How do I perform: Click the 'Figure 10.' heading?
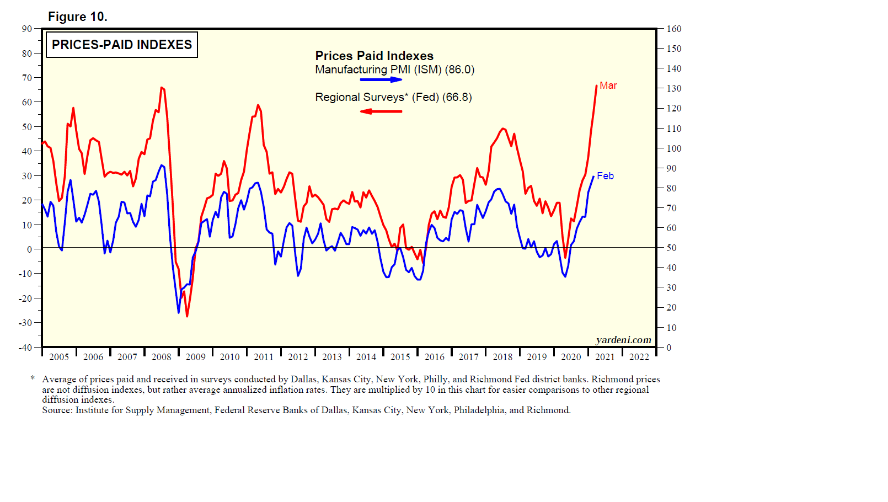(x=77, y=17)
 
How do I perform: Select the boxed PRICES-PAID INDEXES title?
(x=122, y=45)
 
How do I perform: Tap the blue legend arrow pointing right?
(x=381, y=80)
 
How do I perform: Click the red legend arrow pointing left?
(x=381, y=111)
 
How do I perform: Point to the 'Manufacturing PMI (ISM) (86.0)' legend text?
(x=394, y=70)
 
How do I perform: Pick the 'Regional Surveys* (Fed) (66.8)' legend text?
(x=393, y=97)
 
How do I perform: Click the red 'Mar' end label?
(x=608, y=86)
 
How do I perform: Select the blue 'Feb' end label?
(x=605, y=176)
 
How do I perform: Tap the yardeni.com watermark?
(x=623, y=340)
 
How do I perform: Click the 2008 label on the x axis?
(x=162, y=357)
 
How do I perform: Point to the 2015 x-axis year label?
(x=400, y=357)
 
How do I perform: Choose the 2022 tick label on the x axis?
(x=639, y=357)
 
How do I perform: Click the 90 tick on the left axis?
(x=27, y=29)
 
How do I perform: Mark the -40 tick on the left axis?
(x=26, y=348)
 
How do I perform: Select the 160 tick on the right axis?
(x=674, y=29)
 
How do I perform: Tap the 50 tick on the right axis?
(x=671, y=248)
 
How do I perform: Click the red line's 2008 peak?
(x=162, y=87)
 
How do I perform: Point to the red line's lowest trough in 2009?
(x=187, y=316)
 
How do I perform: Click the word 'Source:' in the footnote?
(x=57, y=410)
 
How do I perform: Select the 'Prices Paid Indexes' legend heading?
(x=374, y=56)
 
